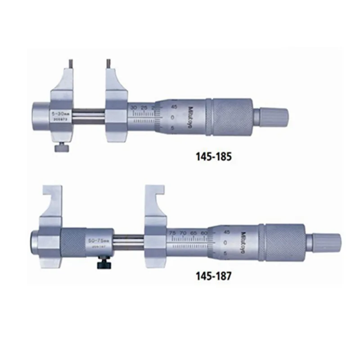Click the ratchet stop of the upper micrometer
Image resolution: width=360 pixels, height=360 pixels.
[x=273, y=116]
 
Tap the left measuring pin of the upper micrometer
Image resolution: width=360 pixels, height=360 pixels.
[x=71, y=63]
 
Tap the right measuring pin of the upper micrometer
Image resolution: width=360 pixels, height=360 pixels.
[x=108, y=63]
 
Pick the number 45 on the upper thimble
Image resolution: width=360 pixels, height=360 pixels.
[x=174, y=106]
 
